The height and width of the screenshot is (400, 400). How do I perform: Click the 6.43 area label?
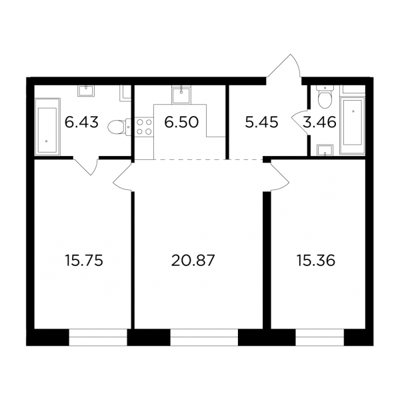(x=81, y=123)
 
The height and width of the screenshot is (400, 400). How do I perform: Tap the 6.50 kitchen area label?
(x=181, y=123)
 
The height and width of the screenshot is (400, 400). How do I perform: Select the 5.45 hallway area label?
(x=261, y=123)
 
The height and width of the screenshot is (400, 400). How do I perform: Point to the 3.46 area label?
(x=319, y=123)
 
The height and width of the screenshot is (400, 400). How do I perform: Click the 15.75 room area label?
(x=84, y=261)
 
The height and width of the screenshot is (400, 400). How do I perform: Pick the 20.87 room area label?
(x=193, y=261)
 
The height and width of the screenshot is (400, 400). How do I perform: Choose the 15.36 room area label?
(x=316, y=261)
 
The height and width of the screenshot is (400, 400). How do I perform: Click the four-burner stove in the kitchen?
(x=144, y=127)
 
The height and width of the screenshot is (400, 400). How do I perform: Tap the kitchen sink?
(x=181, y=95)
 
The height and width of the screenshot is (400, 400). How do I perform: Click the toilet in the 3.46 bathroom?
(x=325, y=97)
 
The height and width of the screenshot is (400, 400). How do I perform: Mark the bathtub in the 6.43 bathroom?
(x=47, y=127)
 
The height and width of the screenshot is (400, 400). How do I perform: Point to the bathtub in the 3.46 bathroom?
(x=353, y=125)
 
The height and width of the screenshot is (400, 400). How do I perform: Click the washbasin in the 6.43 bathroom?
(x=86, y=91)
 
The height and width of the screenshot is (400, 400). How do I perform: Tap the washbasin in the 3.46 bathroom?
(x=325, y=150)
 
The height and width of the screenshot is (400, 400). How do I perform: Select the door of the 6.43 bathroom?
(x=86, y=166)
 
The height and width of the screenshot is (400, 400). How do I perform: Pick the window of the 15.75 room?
(x=98, y=337)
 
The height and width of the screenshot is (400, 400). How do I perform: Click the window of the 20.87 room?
(x=204, y=337)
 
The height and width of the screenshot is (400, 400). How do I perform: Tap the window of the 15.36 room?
(x=320, y=337)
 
